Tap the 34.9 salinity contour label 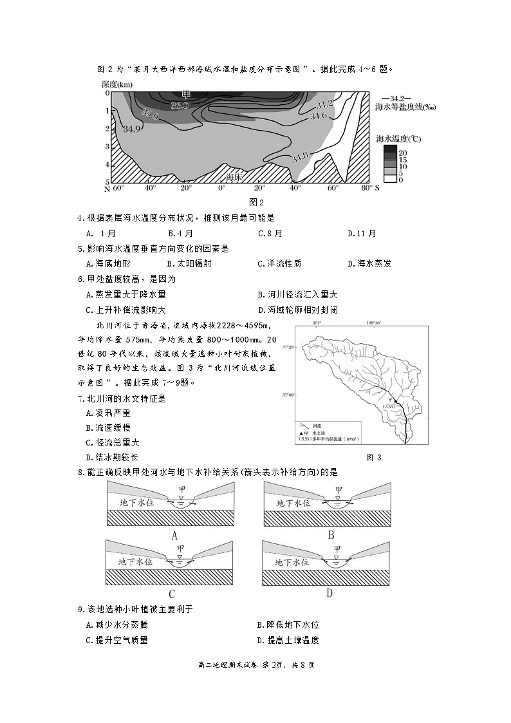(x=131, y=129)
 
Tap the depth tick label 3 (x=107, y=147)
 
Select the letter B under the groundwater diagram (x=331, y=534)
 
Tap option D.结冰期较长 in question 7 (x=107, y=457)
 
